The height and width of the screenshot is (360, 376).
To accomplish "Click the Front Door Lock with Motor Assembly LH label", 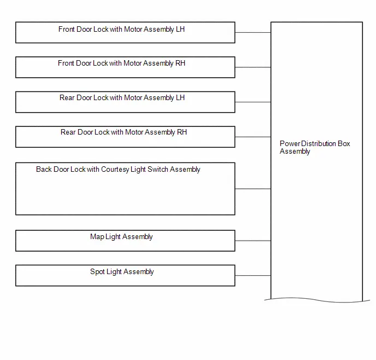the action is click(121, 30).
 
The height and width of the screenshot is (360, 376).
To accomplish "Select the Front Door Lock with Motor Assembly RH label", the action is click(121, 63).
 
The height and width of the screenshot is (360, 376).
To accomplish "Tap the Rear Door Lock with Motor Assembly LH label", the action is click(122, 98).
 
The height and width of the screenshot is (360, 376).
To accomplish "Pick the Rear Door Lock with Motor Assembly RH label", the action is click(124, 132).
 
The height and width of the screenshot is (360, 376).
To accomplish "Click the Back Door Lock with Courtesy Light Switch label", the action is click(118, 170).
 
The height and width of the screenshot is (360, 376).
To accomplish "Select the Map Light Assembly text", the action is click(121, 237).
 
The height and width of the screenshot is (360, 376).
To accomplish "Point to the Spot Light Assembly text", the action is click(122, 272).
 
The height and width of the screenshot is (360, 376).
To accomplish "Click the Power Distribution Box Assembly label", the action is click(315, 147).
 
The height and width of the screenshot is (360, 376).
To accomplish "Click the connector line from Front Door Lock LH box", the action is click(253, 32).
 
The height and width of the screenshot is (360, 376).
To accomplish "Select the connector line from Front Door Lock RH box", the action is click(253, 67).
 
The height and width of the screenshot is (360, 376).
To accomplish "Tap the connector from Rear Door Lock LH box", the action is click(253, 102).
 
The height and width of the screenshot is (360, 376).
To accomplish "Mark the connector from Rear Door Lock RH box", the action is click(253, 137).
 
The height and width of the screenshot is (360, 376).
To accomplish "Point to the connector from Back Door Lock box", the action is click(253, 189).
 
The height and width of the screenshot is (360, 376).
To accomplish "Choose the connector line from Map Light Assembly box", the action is click(253, 241).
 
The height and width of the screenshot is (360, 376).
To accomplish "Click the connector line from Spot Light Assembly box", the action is click(253, 276).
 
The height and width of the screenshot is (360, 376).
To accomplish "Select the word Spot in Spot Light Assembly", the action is click(97, 272).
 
